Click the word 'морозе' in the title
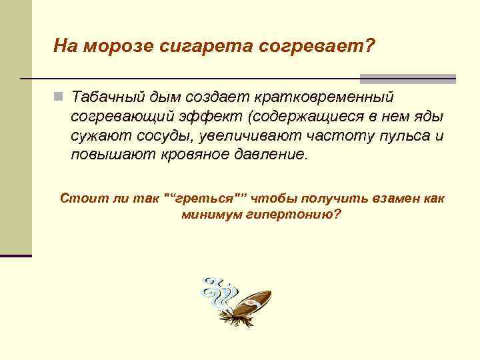coord(117,47)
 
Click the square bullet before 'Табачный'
coord(59,97)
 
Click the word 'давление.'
coord(273,155)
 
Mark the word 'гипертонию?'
coord(298,215)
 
